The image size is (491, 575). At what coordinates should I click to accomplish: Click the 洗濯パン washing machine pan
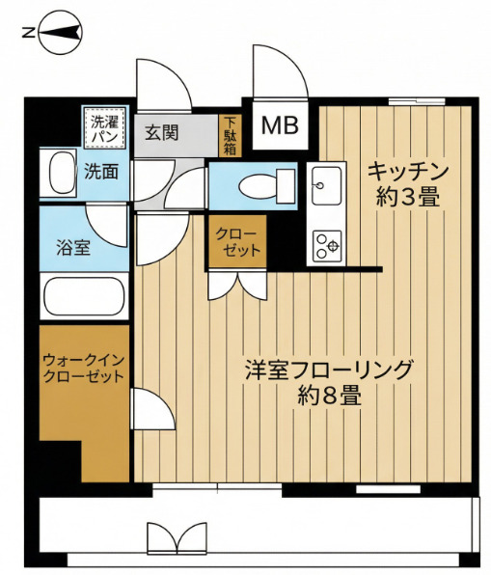point(104,128)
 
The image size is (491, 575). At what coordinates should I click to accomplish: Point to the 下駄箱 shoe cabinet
point(230,135)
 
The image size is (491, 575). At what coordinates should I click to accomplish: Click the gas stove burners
point(324,245)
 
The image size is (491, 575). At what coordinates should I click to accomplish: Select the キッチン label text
point(407,172)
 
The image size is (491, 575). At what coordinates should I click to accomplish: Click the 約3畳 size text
point(407,198)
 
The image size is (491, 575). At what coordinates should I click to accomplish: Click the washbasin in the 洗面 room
point(58,174)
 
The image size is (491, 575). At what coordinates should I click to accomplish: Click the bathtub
point(84,297)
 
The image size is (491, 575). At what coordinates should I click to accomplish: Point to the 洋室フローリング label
point(329,369)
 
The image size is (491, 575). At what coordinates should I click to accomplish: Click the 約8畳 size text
point(329,395)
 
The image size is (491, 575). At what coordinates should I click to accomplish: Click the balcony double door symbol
point(178,537)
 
